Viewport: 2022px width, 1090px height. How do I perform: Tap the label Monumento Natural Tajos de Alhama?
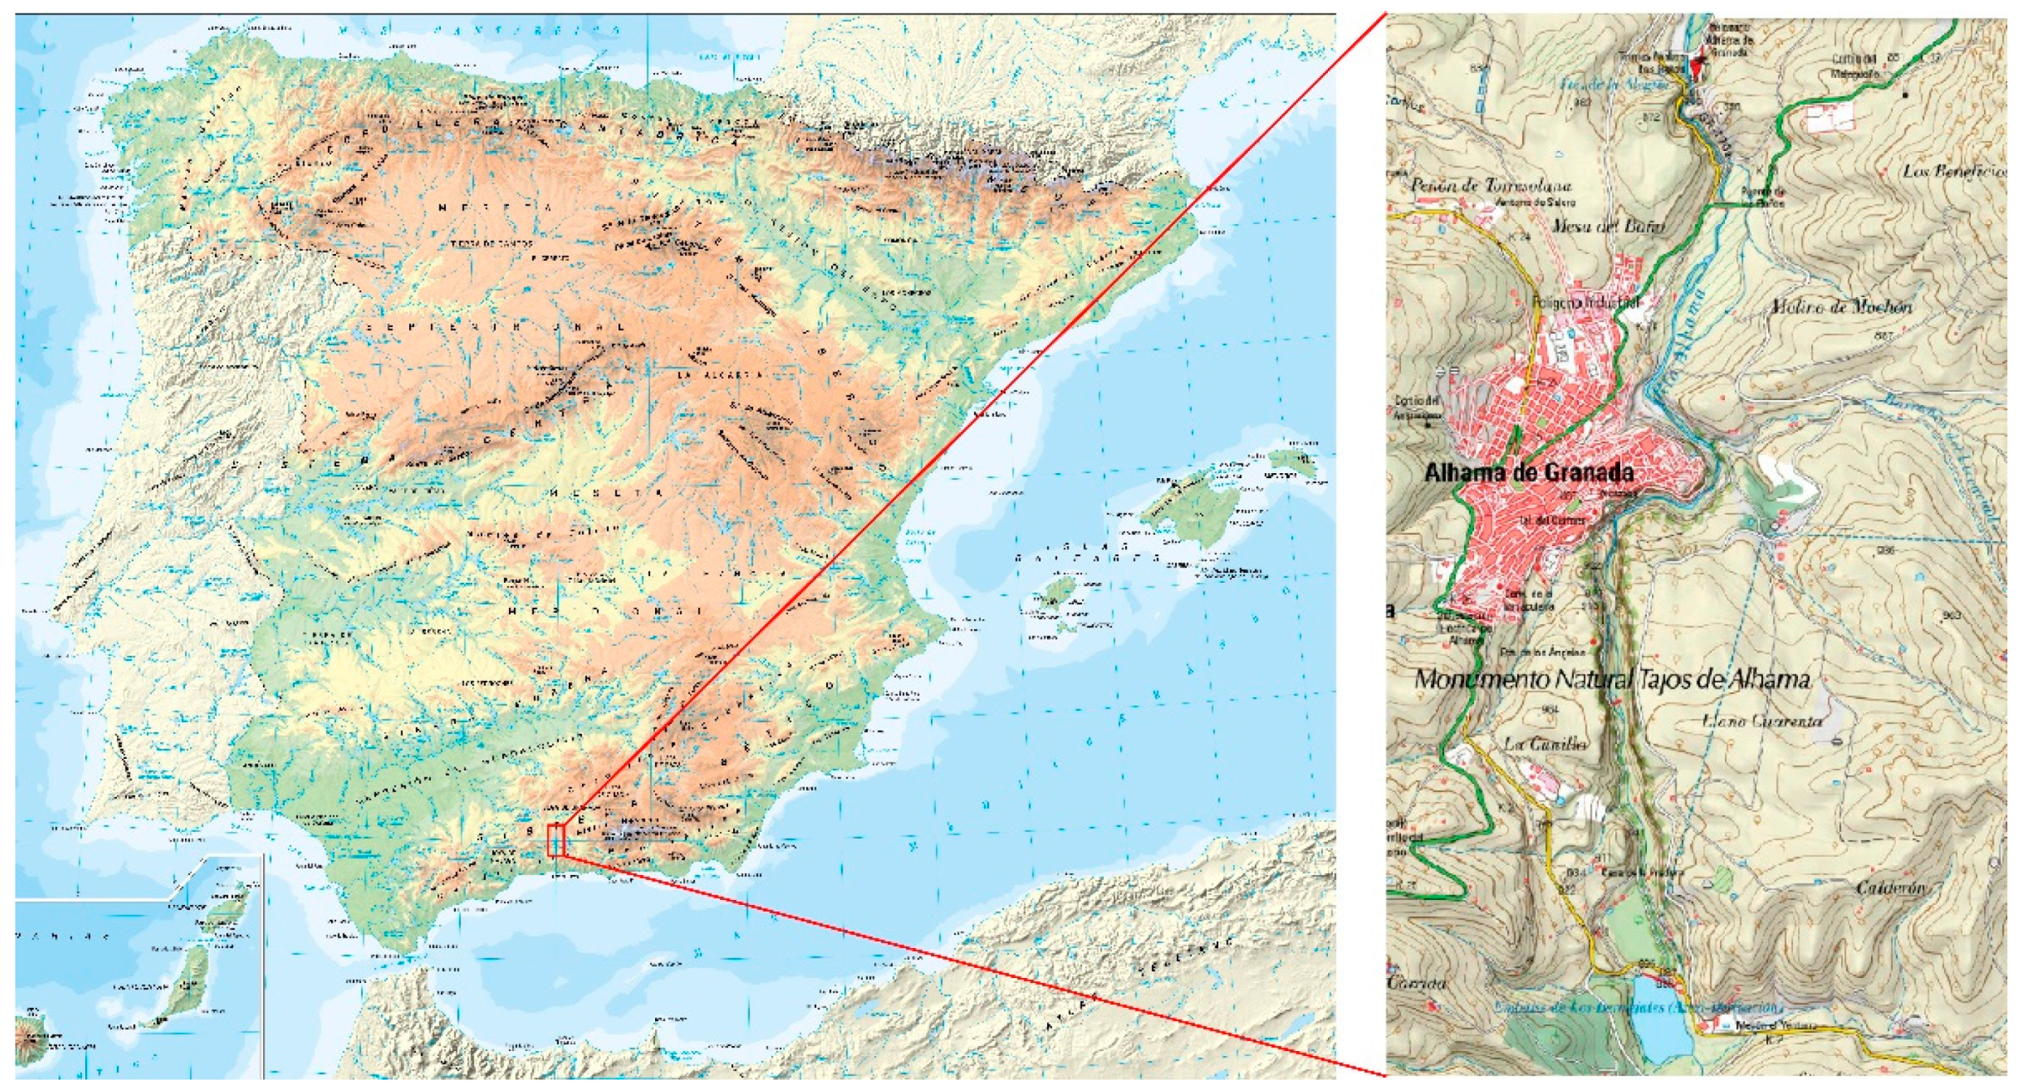(x=1611, y=679)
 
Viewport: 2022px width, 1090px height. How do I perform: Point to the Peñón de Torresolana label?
(x=1490, y=186)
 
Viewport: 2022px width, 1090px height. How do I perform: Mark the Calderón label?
(x=1891, y=889)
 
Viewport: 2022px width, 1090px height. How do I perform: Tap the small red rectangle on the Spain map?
(x=555, y=841)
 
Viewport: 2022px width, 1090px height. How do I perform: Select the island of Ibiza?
(x=1058, y=589)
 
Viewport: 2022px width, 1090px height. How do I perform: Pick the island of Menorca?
(x=1291, y=465)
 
